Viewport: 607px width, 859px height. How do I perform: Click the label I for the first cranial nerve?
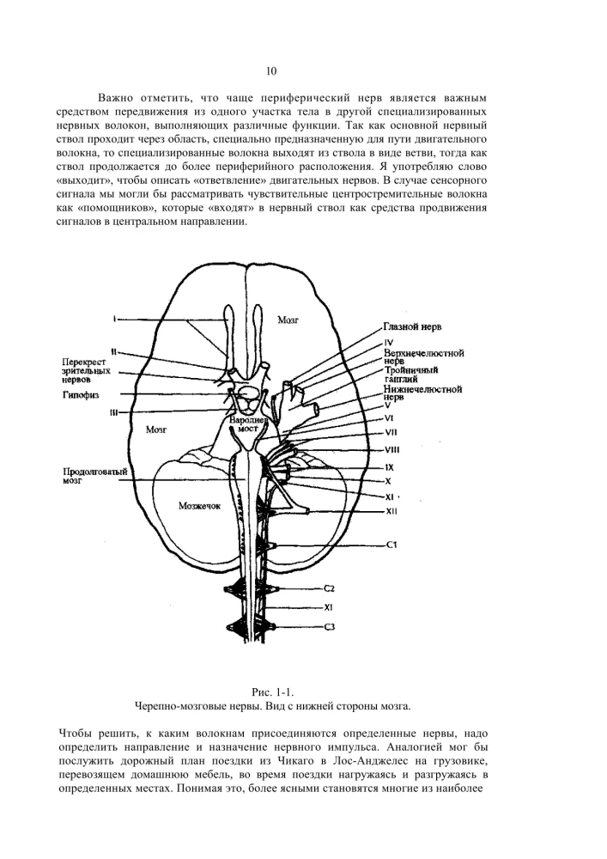point(113,320)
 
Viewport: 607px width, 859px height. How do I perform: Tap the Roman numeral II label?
point(114,351)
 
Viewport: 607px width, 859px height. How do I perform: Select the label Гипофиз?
point(80,395)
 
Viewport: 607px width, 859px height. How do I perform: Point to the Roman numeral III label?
point(114,412)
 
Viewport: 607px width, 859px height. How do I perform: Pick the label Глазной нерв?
point(412,327)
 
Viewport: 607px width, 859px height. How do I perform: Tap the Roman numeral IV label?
point(389,342)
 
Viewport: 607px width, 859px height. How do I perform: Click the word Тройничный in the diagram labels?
point(412,369)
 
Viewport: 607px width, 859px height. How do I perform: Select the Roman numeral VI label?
point(390,417)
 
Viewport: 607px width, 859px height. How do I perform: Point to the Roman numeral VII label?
point(392,431)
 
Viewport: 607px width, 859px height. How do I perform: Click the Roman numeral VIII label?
point(392,449)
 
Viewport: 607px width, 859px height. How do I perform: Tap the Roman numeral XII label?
point(391,512)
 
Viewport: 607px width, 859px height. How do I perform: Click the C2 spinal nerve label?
point(329,588)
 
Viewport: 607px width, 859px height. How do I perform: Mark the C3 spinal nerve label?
point(329,628)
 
